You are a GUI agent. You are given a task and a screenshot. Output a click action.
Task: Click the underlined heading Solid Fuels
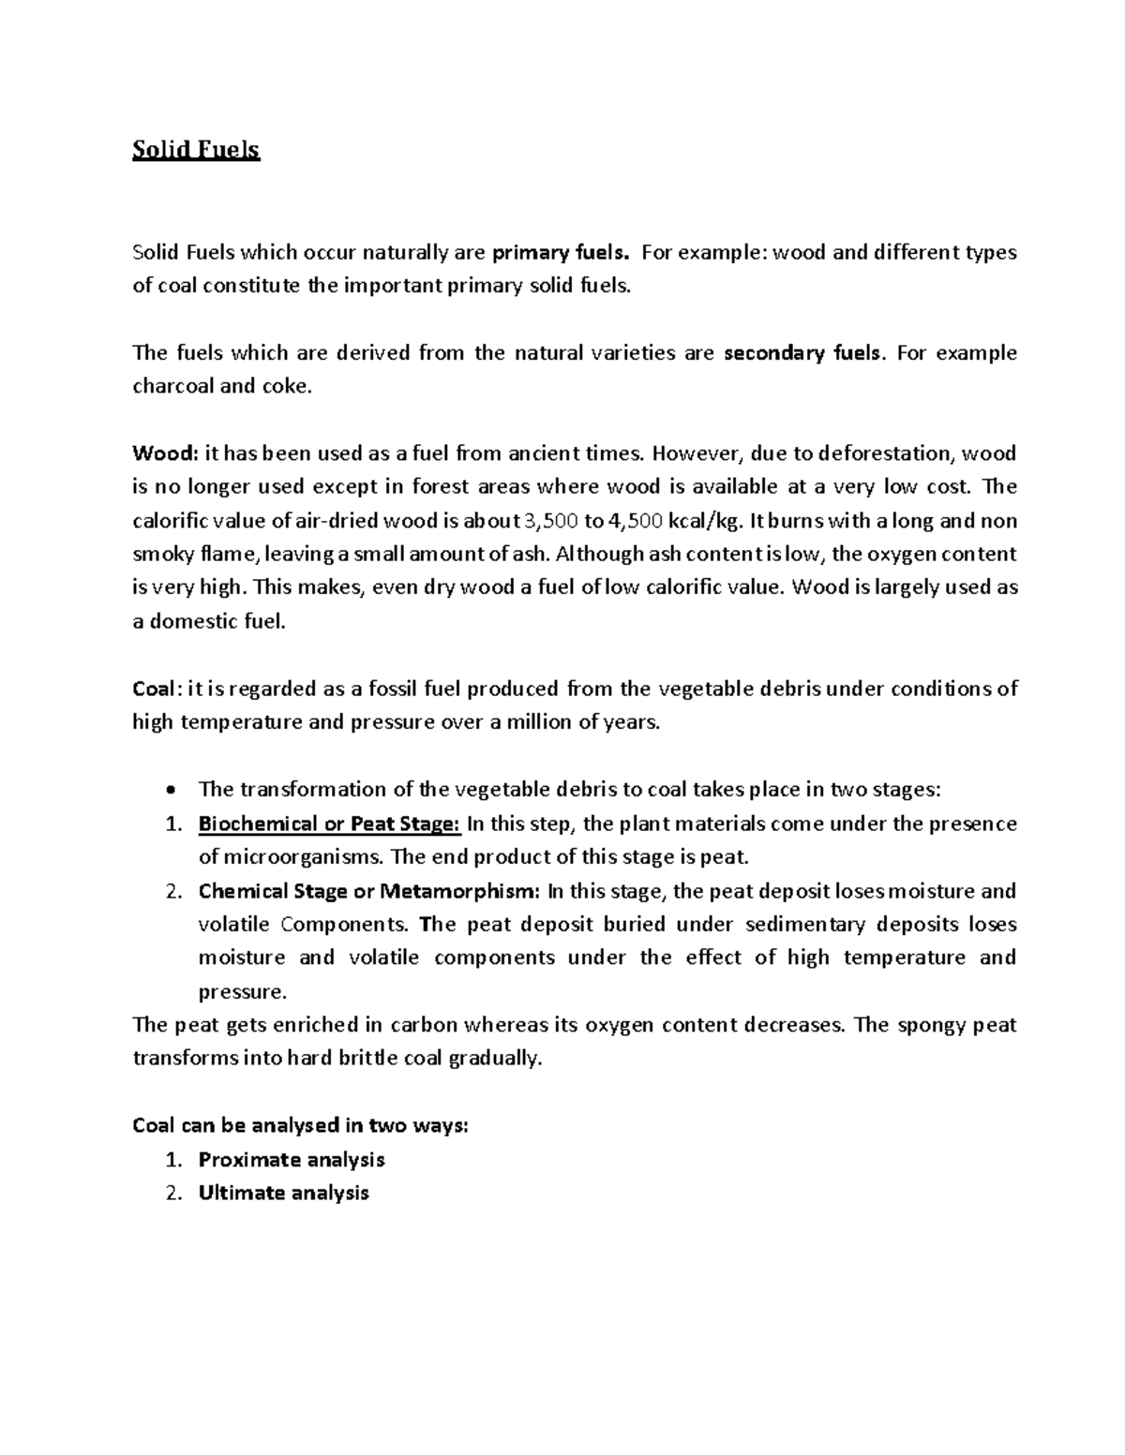click(196, 150)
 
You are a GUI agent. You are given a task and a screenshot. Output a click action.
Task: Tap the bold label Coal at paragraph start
click(153, 690)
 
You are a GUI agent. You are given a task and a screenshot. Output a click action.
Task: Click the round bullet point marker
click(169, 791)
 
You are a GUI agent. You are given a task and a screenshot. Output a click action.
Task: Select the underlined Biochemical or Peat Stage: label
click(329, 824)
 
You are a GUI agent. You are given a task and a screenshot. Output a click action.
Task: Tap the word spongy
click(928, 1025)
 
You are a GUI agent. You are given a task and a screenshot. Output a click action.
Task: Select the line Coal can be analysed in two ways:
click(300, 1126)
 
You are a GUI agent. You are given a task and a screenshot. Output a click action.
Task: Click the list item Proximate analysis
click(292, 1160)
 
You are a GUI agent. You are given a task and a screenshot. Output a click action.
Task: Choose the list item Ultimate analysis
click(283, 1194)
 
